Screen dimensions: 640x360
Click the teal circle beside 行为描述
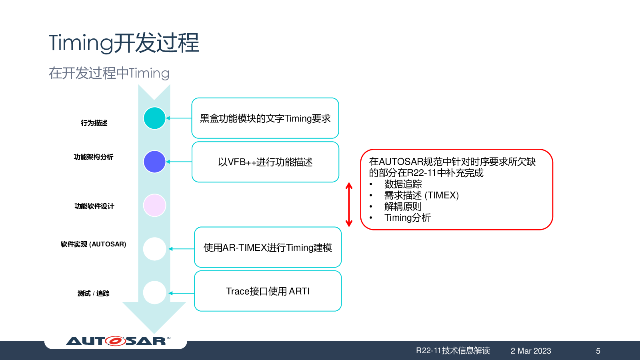[154, 118]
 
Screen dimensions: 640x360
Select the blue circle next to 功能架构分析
[154, 162]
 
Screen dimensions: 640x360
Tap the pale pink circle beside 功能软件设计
[154, 206]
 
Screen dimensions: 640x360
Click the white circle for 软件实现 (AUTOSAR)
[154, 249]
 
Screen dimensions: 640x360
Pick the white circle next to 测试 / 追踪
[154, 292]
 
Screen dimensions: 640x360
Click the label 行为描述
[94, 123]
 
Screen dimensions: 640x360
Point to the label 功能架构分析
[94, 157]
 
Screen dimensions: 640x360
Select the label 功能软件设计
[94, 206]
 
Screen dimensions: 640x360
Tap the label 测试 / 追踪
[94, 294]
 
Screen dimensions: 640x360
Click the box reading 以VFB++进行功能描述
[266, 162]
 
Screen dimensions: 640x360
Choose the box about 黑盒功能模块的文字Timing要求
[265, 118]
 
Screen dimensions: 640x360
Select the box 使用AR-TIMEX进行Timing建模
[268, 247]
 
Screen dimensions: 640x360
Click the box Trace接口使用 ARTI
[268, 291]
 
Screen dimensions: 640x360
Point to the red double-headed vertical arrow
[349, 204]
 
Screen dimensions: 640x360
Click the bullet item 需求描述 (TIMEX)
[422, 196]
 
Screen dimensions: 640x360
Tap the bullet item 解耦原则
[403, 206]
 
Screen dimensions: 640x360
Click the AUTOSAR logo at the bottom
[118, 341]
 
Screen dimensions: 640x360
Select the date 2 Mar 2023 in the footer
[531, 351]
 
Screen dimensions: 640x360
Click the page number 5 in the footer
[598, 351]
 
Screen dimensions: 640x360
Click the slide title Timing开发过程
[124, 43]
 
